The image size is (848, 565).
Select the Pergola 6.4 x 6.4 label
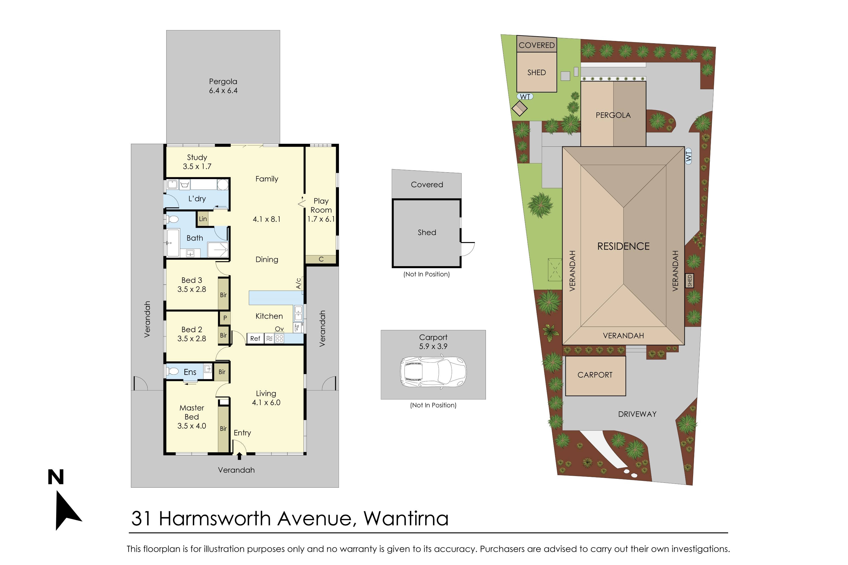tap(223, 86)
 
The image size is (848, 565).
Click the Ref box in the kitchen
tap(255, 339)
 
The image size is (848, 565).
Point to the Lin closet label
tap(203, 219)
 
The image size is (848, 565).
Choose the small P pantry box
tap(225, 318)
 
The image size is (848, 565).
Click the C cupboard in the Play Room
tap(321, 259)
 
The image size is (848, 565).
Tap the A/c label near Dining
tap(298, 283)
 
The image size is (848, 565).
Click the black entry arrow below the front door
tap(239, 457)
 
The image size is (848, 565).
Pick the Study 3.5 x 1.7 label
tap(197, 162)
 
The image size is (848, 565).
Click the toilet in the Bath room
tap(173, 219)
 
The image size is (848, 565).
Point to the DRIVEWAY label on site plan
tap(637, 414)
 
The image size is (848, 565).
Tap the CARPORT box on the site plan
tap(595, 375)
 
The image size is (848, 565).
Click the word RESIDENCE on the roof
tap(623, 246)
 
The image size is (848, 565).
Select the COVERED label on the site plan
tap(537, 45)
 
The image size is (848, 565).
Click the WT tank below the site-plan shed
tap(525, 97)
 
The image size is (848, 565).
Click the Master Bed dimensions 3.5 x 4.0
tap(191, 426)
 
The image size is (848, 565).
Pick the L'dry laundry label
tap(197, 199)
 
